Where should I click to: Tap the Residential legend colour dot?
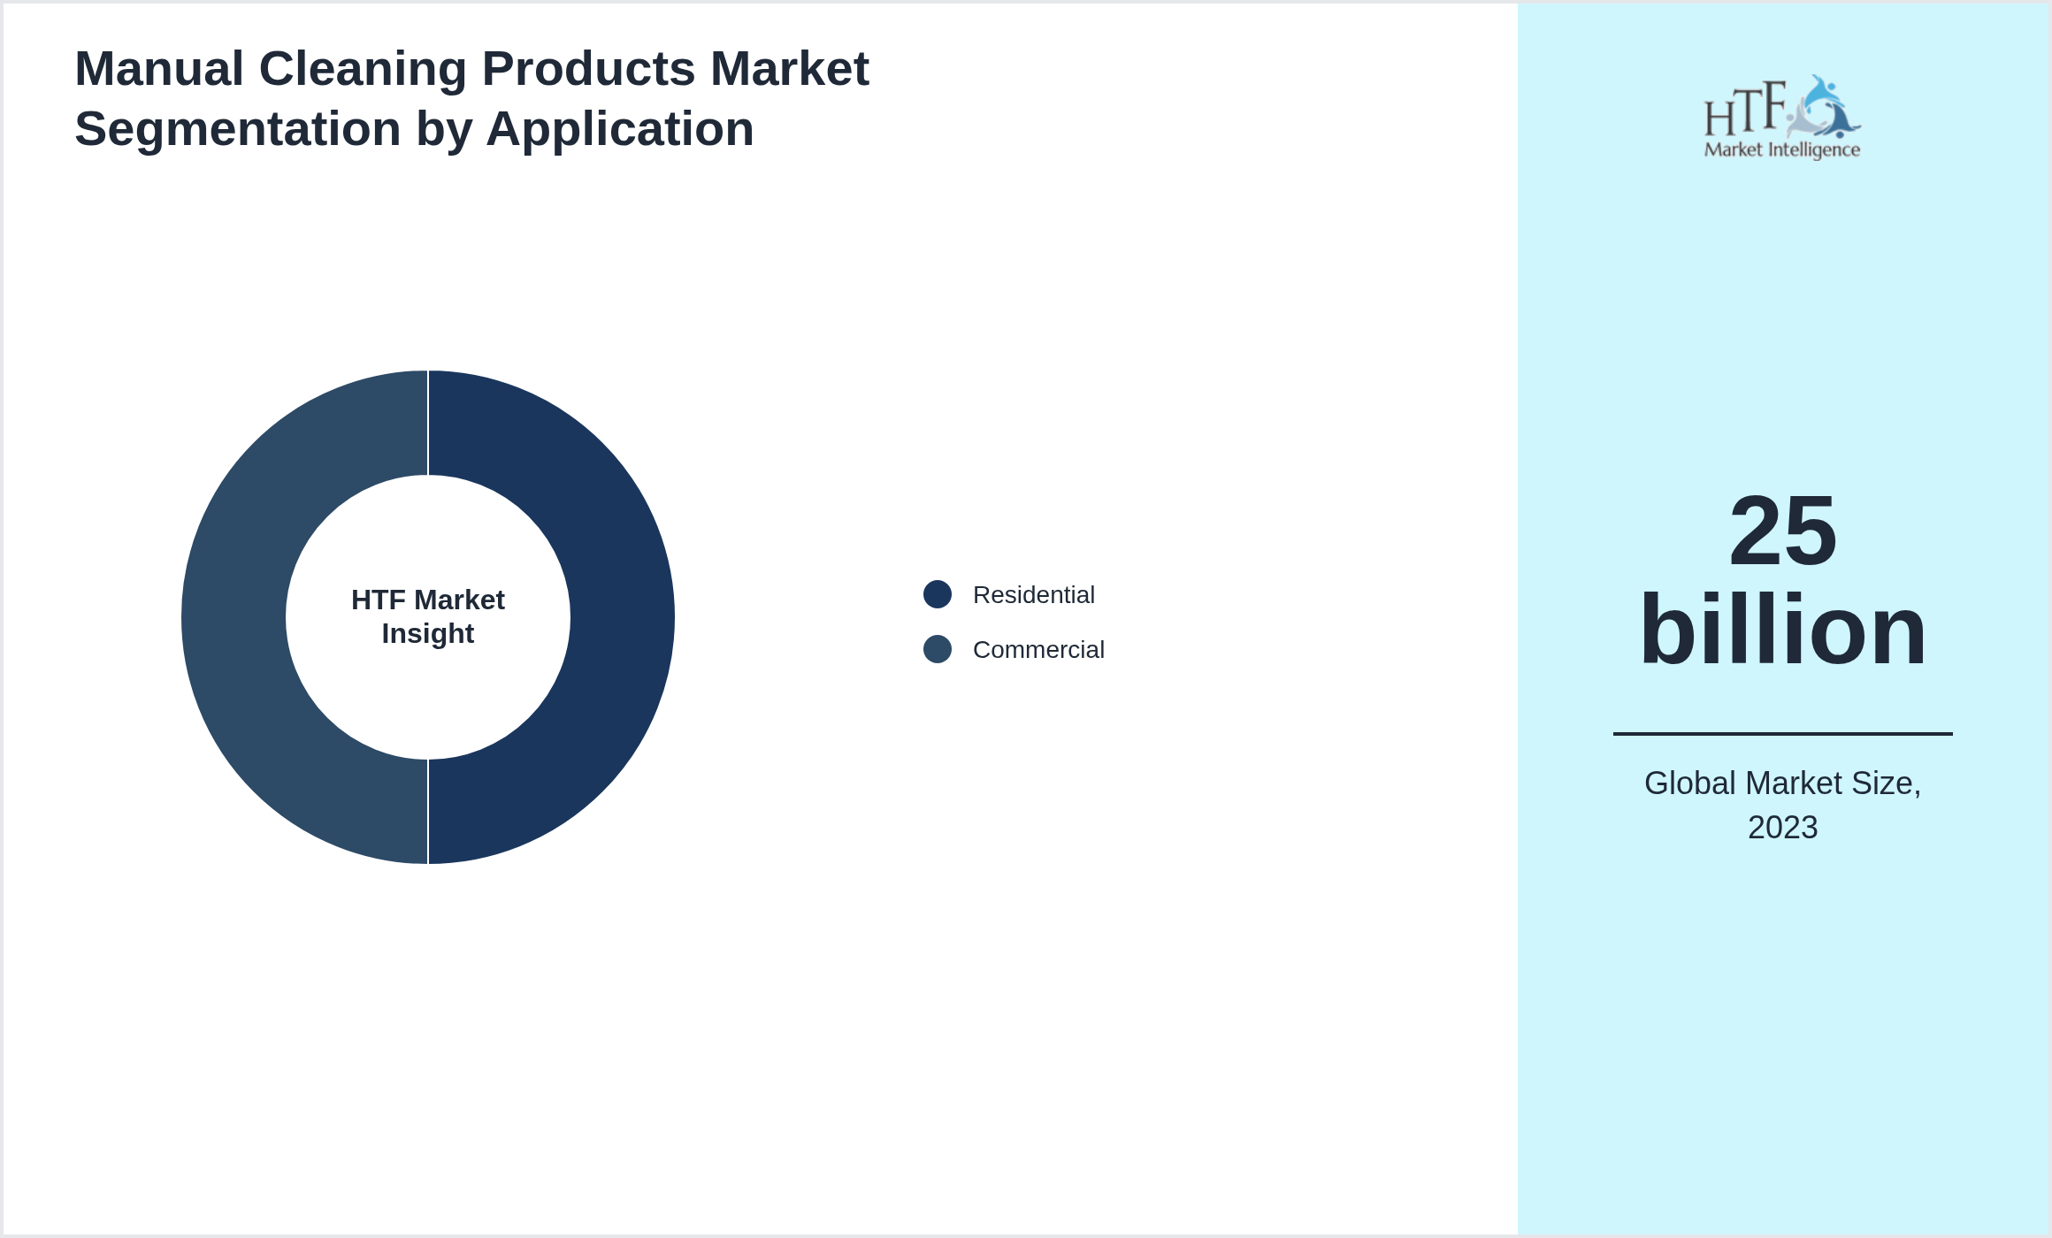pyautogui.click(x=938, y=594)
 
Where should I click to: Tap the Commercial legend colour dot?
pyautogui.click(x=938, y=649)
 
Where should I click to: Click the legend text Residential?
pyautogui.click(x=1033, y=595)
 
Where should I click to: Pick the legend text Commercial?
pyautogui.click(x=1038, y=650)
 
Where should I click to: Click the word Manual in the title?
pyautogui.click(x=159, y=69)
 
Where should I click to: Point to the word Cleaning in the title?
pyautogui.click(x=363, y=69)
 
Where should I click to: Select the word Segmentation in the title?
pyautogui.click(x=238, y=129)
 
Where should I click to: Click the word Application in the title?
pyautogui.click(x=619, y=129)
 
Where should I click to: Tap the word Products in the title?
pyautogui.click(x=588, y=69)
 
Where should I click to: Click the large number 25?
pyautogui.click(x=1783, y=531)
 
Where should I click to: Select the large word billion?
pyautogui.click(x=1783, y=630)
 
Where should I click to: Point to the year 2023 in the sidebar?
pyautogui.click(x=1783, y=828)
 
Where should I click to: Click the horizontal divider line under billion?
pyautogui.click(x=1783, y=733)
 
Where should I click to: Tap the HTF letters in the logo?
pyautogui.click(x=1745, y=110)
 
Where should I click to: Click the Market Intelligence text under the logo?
pyautogui.click(x=1782, y=150)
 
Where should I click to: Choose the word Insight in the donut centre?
pyautogui.click(x=428, y=634)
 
